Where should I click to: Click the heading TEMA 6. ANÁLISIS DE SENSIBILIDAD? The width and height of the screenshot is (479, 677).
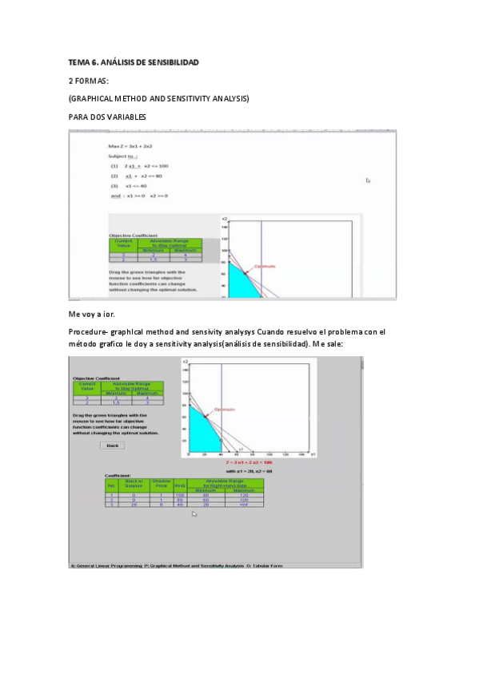133,62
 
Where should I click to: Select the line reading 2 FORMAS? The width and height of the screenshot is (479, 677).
94,81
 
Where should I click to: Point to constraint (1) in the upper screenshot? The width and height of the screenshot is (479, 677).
139,166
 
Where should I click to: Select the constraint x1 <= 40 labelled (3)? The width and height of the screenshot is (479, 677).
128,185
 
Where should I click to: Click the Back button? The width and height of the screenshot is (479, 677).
112,445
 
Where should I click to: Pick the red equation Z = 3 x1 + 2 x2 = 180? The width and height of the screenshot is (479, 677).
250,462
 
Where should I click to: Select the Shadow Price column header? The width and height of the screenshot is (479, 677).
162,483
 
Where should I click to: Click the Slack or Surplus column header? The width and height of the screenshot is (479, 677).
134,483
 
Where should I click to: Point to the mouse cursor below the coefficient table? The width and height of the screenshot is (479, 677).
194,514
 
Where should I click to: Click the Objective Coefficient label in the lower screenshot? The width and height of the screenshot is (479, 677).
96,378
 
